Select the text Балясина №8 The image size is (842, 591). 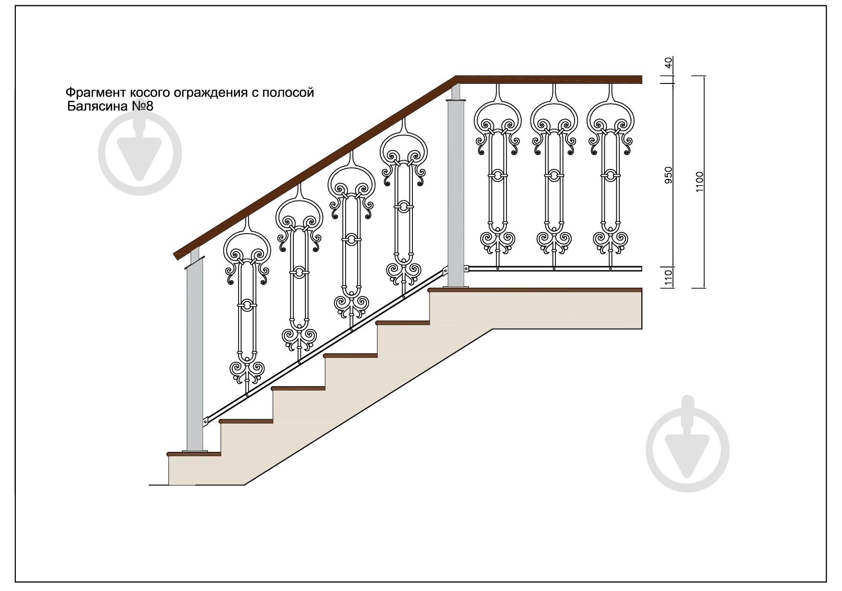[110, 106]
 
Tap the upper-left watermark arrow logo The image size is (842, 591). [140, 153]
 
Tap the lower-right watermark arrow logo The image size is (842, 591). [687, 450]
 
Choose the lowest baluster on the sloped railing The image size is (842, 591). [247, 307]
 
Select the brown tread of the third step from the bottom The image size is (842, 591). [298, 388]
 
